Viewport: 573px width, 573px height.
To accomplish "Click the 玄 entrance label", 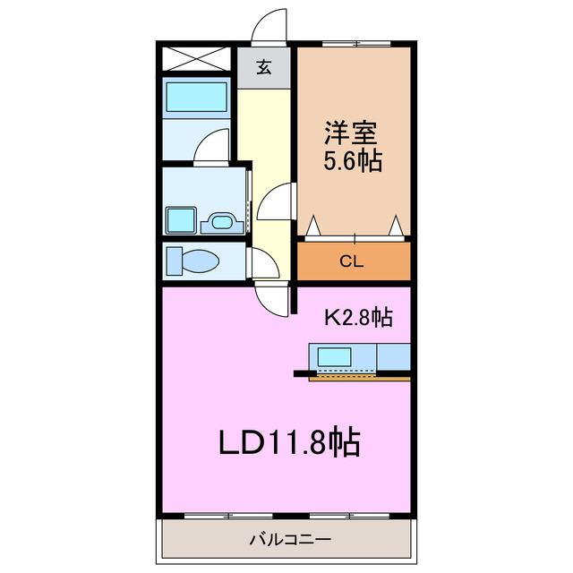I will pos(264,67).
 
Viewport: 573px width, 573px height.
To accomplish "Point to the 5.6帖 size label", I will pos(353,161).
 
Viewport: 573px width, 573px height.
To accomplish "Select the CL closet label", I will pos(354,261).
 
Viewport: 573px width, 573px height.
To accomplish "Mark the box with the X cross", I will pos(197,60).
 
